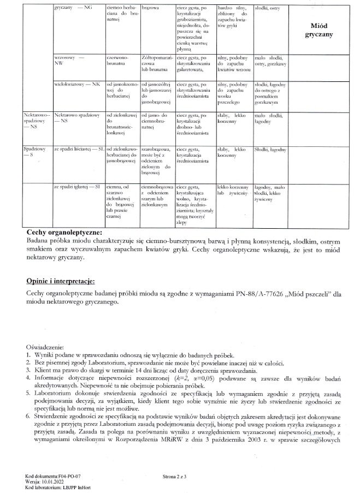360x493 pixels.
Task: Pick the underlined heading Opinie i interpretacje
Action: tap(60, 281)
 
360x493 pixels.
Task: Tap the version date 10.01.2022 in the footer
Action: tap(54, 482)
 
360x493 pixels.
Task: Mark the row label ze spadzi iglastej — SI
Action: tap(76, 187)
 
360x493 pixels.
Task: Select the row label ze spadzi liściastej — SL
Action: tap(79, 149)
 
